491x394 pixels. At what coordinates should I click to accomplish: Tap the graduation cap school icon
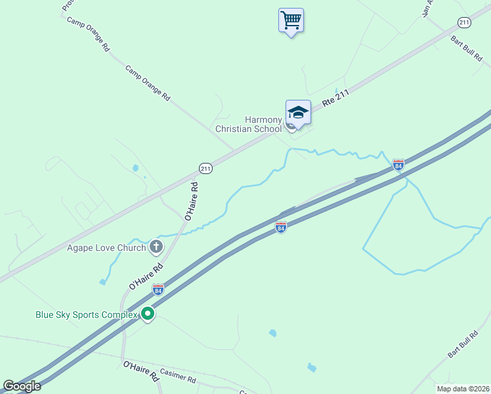pyautogui.click(x=298, y=112)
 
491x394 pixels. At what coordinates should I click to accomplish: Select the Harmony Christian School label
pyautogui.click(x=249, y=124)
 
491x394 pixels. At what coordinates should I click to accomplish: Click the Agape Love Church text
pyautogui.click(x=106, y=248)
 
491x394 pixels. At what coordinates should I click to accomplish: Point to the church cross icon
pyautogui.click(x=156, y=247)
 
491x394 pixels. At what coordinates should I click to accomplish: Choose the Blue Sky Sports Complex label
pyautogui.click(x=87, y=315)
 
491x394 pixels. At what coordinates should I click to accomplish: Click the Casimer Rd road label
pyautogui.click(x=178, y=380)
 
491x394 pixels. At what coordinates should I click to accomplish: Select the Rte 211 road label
pyautogui.click(x=336, y=99)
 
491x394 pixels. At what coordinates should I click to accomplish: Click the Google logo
pyautogui.click(x=21, y=385)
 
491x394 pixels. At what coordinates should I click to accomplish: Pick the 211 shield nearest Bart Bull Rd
pyautogui.click(x=465, y=23)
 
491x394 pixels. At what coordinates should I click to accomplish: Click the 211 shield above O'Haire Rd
pyautogui.click(x=205, y=169)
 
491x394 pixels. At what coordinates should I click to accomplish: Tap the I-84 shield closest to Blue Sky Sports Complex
pyautogui.click(x=158, y=288)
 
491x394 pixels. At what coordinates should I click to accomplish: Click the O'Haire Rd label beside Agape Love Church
pyautogui.click(x=146, y=278)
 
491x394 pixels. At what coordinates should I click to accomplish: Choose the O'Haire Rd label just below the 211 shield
pyautogui.click(x=190, y=201)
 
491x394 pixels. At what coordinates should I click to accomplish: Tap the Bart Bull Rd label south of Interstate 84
pyautogui.click(x=463, y=345)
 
